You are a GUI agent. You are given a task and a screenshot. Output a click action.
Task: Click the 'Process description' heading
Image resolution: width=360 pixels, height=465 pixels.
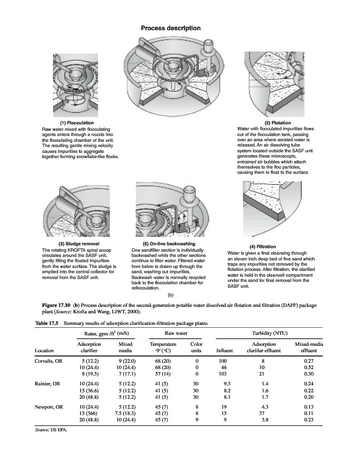[x=171, y=28]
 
